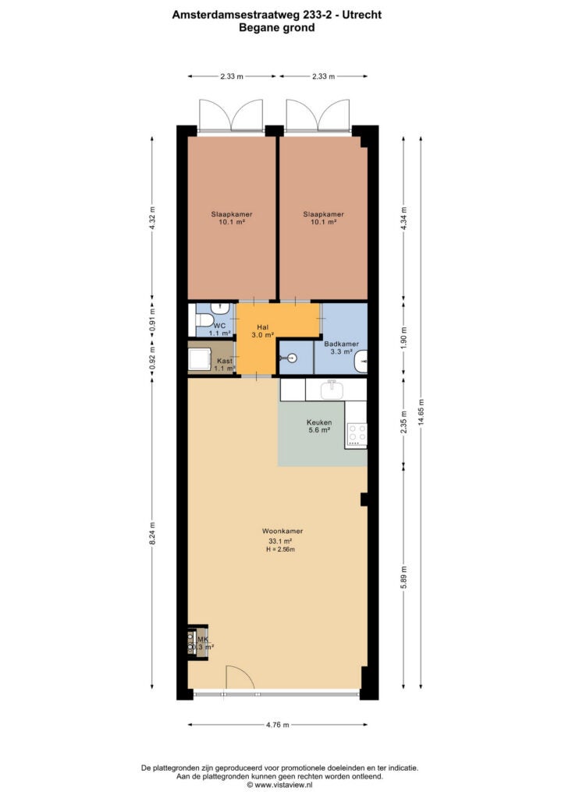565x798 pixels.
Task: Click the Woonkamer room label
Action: point(282,531)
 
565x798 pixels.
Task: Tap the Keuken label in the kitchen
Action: point(319,422)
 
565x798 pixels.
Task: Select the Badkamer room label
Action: point(341,344)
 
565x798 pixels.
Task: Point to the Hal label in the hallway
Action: point(263,327)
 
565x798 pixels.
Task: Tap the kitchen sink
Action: point(332,390)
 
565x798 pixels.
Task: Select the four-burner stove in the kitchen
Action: point(357,434)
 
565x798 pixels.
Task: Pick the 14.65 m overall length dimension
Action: point(421,412)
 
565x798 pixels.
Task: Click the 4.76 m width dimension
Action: point(278,725)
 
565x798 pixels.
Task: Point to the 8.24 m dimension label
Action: point(152,534)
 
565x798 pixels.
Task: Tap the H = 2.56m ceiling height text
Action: point(281,549)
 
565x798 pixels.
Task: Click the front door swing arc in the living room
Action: point(244,671)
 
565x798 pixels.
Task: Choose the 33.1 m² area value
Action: point(280,541)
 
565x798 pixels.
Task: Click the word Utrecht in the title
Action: point(362,16)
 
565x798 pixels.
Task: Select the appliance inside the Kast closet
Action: point(199,360)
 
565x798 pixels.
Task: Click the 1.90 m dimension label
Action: point(403,340)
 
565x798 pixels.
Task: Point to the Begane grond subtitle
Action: point(276,27)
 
